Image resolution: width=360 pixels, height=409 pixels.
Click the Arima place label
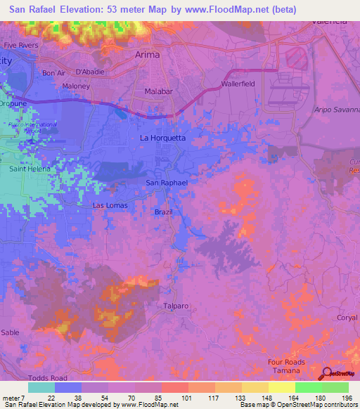click(147, 54)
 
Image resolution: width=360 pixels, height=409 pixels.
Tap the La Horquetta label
click(163, 138)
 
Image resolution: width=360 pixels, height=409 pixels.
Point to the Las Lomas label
click(109, 205)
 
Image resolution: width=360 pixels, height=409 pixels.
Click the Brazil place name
click(163, 212)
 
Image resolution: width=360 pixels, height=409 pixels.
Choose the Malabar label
click(159, 91)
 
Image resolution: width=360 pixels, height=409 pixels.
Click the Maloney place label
click(76, 86)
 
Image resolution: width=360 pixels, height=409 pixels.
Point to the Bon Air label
click(53, 73)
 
